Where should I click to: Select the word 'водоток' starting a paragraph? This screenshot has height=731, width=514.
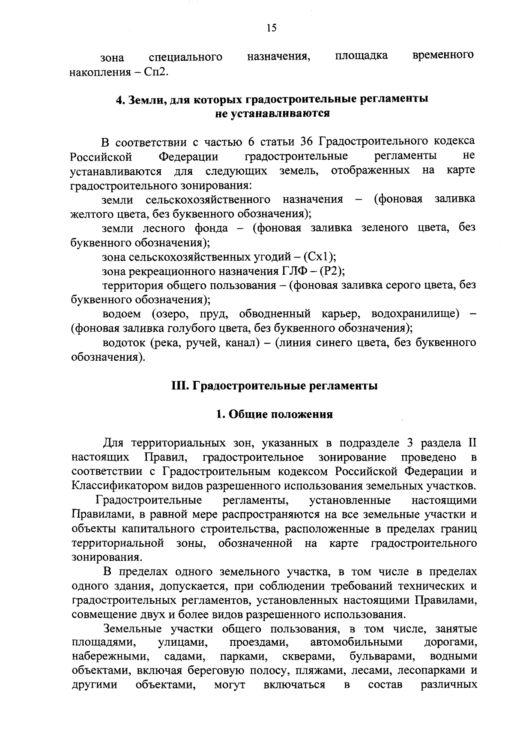point(124,342)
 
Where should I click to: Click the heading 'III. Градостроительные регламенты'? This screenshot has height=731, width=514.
point(274,386)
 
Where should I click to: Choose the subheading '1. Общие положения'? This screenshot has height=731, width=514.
point(274,414)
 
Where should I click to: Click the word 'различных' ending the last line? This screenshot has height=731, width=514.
point(448,685)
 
